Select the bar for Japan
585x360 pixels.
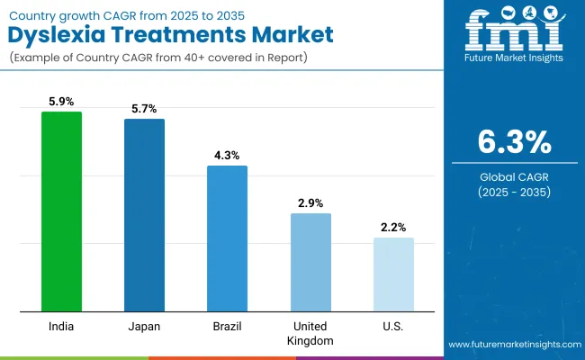144,215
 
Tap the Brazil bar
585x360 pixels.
227,238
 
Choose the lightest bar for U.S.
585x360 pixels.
393,274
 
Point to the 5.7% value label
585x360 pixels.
144,109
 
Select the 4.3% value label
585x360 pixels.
227,156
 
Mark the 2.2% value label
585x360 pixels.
393,228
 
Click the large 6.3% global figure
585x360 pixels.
510,142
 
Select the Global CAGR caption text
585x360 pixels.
510,176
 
